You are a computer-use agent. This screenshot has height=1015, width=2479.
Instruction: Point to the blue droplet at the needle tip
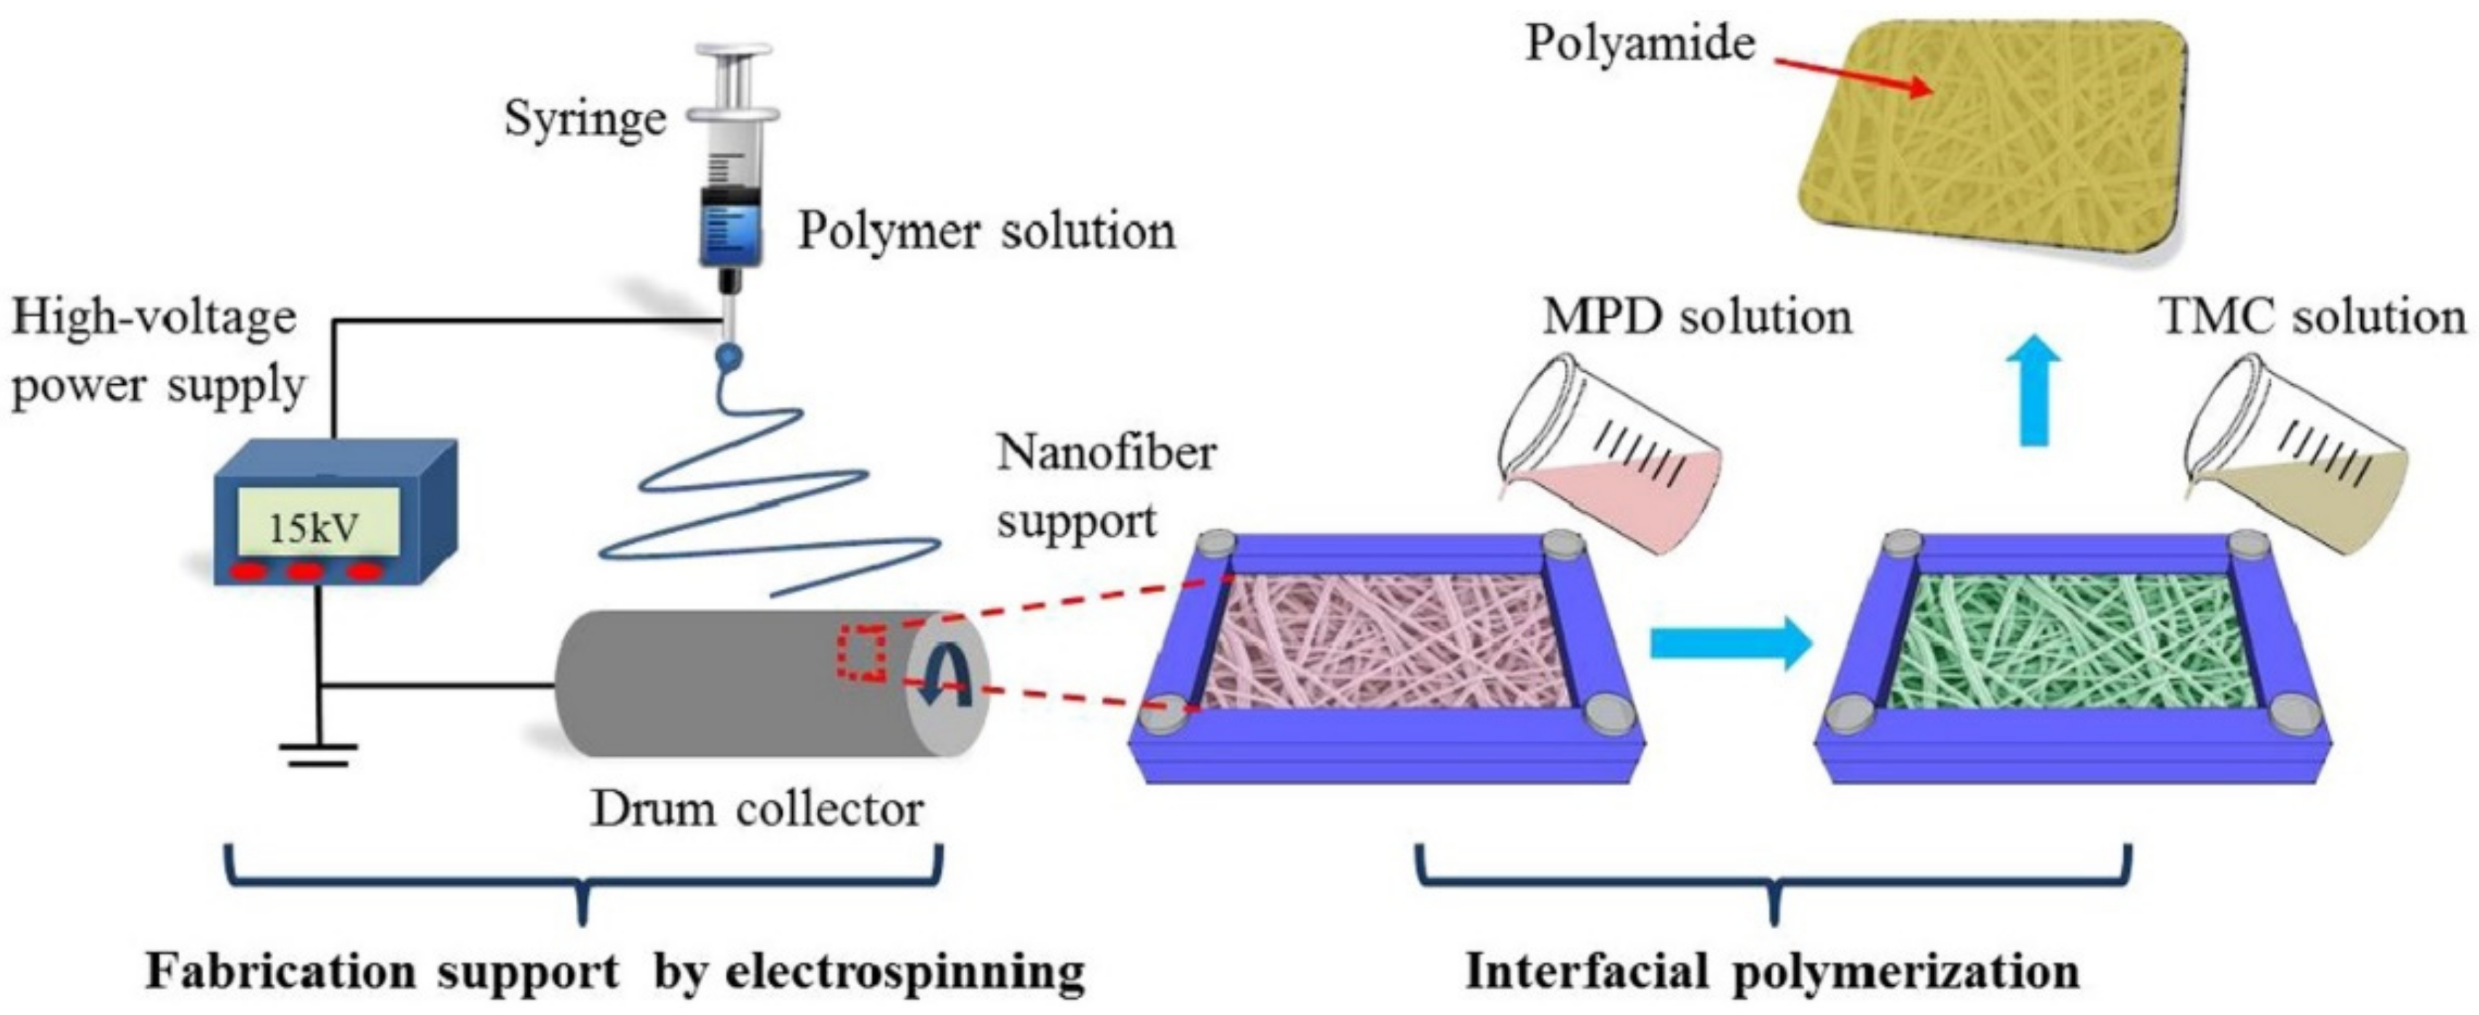[x=729, y=359]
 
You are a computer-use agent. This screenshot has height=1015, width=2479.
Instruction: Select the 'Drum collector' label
[x=757, y=809]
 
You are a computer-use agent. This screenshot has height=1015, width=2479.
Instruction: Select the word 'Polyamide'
[x=1640, y=44]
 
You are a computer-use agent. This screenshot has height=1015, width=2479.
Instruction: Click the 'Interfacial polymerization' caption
[x=1773, y=971]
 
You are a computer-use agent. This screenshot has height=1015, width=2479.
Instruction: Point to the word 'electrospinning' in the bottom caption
[x=905, y=971]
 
